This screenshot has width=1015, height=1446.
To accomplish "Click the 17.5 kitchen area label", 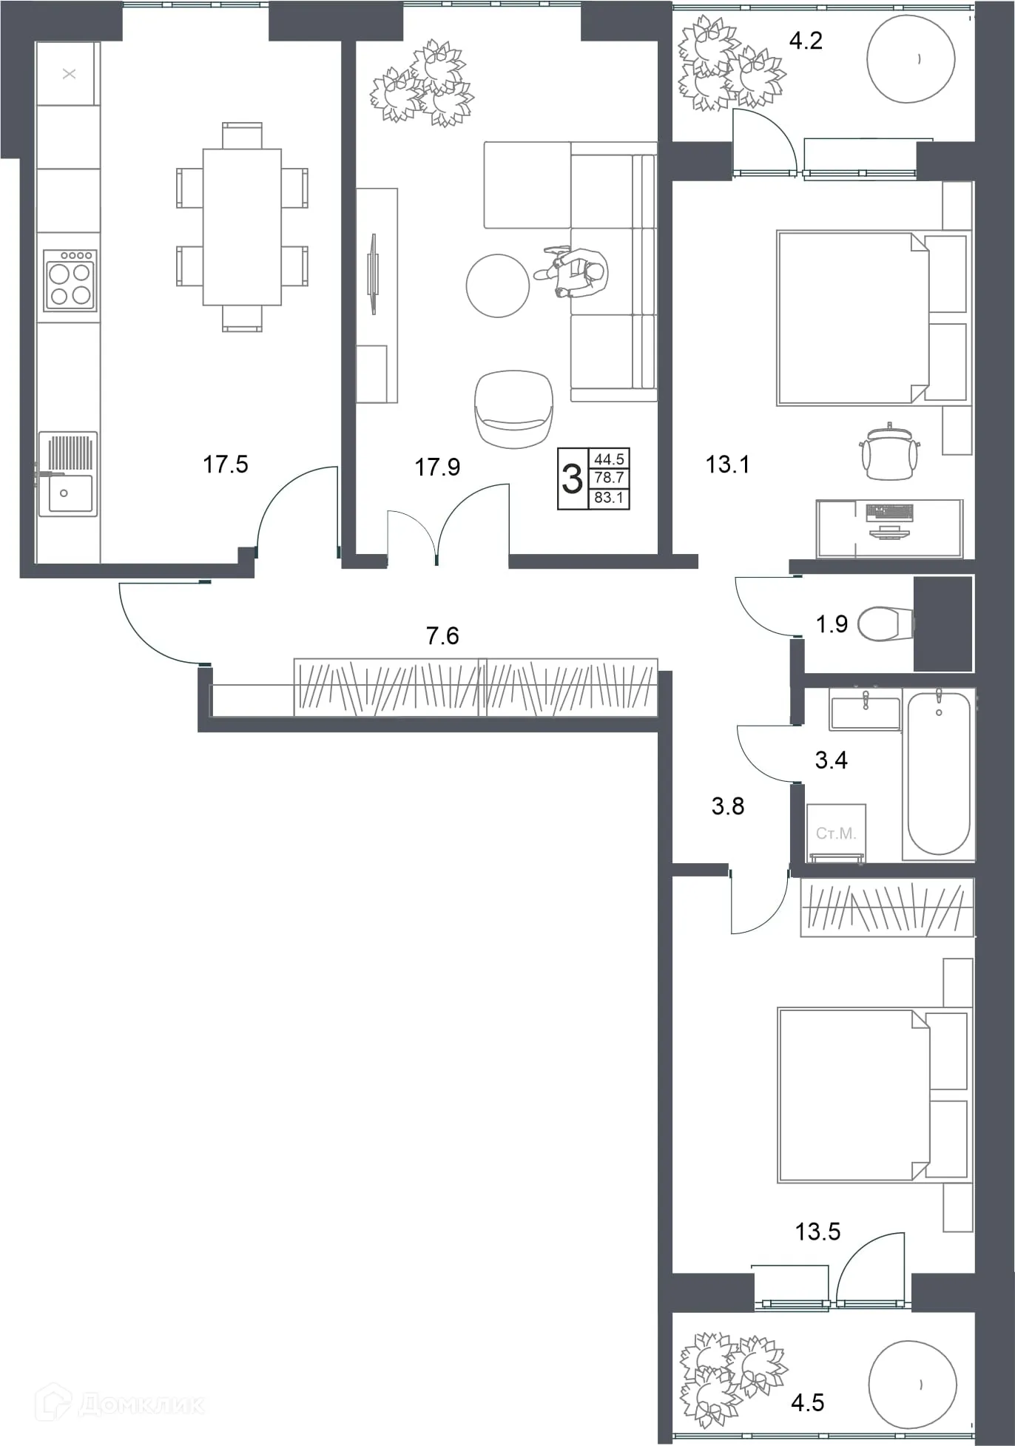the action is (x=226, y=464).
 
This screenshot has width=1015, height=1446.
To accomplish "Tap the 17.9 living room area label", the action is (x=437, y=467).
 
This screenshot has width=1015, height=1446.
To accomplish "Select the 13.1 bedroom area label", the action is (x=727, y=464).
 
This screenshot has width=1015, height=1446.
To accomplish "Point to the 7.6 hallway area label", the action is (x=442, y=635).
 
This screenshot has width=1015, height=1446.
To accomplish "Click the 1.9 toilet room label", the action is (x=832, y=624).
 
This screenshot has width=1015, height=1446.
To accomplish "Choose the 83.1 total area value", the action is (x=609, y=498).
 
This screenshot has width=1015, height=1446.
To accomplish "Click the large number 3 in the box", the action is (x=572, y=479).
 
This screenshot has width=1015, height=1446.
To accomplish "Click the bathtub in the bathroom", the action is (x=939, y=773).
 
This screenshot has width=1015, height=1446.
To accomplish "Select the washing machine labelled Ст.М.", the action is (x=836, y=833).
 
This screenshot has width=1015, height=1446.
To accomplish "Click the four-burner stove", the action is (x=70, y=280).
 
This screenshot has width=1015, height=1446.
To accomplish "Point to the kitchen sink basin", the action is (x=70, y=493).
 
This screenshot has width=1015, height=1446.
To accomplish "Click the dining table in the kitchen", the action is (x=242, y=227).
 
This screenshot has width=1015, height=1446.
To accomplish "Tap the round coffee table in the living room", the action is (x=498, y=286).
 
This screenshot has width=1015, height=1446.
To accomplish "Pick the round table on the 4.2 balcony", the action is (x=911, y=59).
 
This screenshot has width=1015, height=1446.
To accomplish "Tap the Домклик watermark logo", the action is (x=121, y=1403).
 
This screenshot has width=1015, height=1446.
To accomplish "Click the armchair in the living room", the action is (x=513, y=409).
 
